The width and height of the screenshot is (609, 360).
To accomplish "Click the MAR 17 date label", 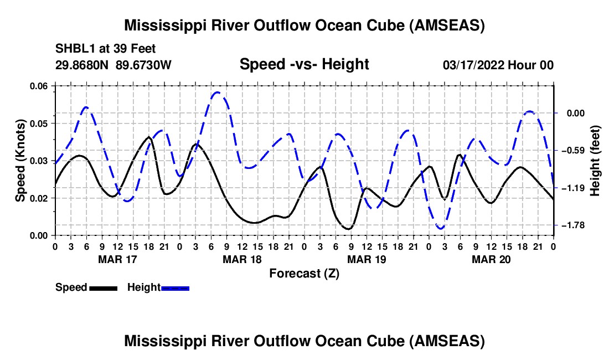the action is pos(118,259).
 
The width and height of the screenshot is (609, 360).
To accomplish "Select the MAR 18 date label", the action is pos(242,259).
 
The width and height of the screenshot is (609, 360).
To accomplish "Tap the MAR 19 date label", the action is pos(367,259).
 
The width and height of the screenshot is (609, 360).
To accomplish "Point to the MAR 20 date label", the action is pos(491,259).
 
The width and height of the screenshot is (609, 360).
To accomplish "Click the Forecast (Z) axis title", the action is pos(304,274).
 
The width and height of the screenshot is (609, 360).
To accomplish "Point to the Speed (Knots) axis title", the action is pos(20,161).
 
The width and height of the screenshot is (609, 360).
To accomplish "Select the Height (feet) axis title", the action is pos(595,161).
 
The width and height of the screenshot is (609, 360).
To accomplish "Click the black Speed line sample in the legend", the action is pos(104,288).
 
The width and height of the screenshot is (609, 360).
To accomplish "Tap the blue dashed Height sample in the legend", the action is pos(175,288).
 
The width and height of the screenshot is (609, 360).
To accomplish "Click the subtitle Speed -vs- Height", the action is pos(304,64).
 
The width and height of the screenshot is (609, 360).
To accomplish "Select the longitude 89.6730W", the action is pos(143,65).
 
